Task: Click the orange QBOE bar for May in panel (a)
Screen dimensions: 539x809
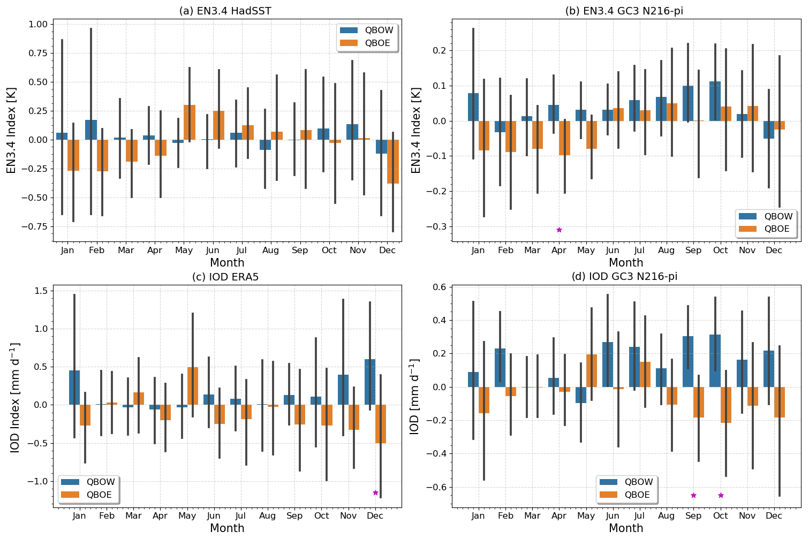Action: point(189,123)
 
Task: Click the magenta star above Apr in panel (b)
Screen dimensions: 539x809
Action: point(559,230)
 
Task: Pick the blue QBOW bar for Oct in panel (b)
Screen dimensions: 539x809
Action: point(715,101)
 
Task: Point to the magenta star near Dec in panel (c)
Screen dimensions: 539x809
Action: point(375,492)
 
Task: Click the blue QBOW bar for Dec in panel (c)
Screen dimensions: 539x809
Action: point(370,382)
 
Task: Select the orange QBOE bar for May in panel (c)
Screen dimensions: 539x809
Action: point(193,386)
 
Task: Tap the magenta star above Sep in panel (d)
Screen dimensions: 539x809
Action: point(693,495)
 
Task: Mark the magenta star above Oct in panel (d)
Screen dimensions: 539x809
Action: point(721,495)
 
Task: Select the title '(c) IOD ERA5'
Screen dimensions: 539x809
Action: point(229,277)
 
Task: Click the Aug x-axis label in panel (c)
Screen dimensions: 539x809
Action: point(267,516)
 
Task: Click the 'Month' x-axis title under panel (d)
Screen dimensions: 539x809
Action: point(626,528)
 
